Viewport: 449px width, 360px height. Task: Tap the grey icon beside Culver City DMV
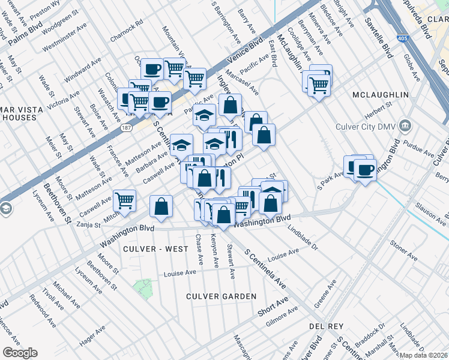point(406,126)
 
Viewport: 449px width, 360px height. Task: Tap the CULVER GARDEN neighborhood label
point(221,296)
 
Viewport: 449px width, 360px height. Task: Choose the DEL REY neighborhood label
point(326,326)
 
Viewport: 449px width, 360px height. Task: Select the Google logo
point(20,352)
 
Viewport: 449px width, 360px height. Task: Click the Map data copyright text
point(423,355)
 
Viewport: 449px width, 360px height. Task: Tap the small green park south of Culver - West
point(143,289)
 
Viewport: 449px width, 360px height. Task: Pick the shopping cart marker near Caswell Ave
point(124,200)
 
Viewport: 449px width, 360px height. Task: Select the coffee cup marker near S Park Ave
point(364,169)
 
